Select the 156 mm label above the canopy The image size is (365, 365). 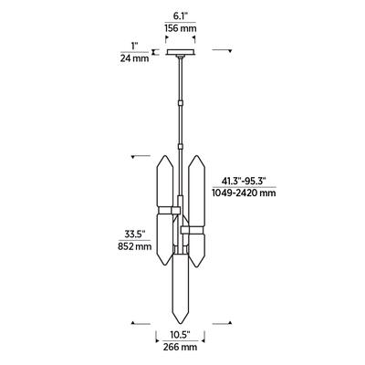click(182, 28)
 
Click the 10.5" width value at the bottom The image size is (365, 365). click(182, 334)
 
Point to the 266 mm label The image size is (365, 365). click(182, 347)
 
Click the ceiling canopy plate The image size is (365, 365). click(182, 52)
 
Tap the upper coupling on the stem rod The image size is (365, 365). click(182, 95)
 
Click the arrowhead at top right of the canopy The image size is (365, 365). click(229, 51)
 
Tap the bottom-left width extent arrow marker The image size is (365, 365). click(135, 321)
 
